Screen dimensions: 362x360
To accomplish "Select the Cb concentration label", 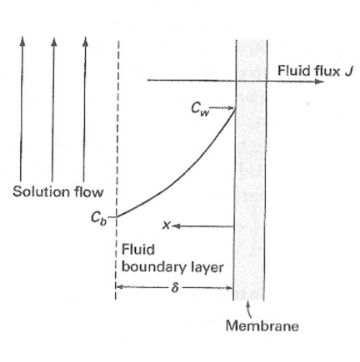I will point(99,219).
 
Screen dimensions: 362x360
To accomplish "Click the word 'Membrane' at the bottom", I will point(262,326).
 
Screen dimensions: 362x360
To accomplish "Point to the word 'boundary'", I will point(151,268).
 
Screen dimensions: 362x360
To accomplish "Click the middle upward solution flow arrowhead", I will point(53,40).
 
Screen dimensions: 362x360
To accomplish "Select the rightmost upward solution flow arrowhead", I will point(84,40).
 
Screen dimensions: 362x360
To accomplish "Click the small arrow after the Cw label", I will point(225,107).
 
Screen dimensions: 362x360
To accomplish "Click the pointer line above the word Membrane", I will point(249,310).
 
